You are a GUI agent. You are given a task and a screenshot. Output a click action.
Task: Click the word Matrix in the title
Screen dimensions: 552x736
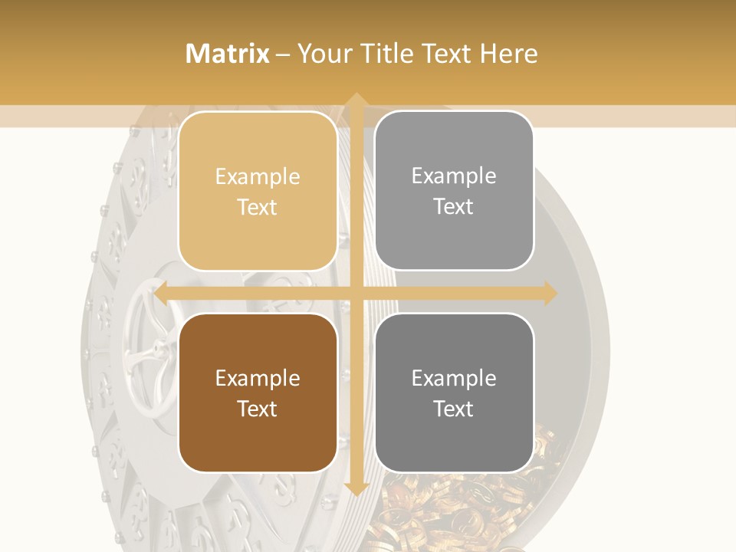228,54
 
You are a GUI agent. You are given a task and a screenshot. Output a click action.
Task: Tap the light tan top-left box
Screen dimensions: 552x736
258,191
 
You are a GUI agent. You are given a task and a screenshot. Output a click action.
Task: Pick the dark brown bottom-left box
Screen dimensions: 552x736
258,393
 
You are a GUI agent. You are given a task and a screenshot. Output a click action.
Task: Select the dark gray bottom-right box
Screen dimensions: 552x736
454,393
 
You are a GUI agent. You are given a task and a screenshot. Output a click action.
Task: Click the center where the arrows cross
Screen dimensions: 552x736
356,294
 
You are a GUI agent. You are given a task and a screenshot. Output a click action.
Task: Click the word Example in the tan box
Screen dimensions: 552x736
258,176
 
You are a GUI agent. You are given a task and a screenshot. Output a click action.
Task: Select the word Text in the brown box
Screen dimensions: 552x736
258,409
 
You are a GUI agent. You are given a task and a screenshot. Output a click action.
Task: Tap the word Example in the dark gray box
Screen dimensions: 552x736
454,378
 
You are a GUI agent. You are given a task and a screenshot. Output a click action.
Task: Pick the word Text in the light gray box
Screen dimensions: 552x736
454,206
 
